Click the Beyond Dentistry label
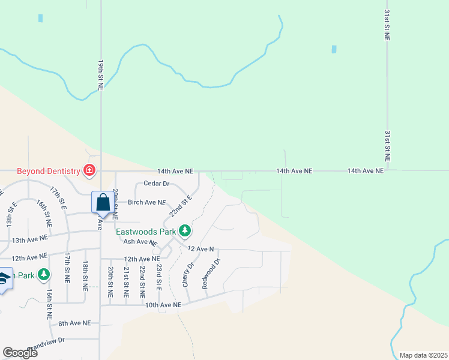pyautogui.click(x=48, y=171)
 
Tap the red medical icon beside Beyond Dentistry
pyautogui.click(x=89, y=171)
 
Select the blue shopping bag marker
pyautogui.click(x=103, y=202)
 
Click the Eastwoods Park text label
pyautogui.click(x=146, y=231)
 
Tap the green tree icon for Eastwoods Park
pyautogui.click(x=185, y=230)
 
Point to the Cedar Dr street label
pyautogui.click(x=156, y=184)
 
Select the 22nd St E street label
pyautogui.click(x=180, y=206)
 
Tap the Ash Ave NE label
pyautogui.click(x=140, y=242)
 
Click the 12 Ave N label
pyautogui.click(x=200, y=248)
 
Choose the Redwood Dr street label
pyautogui.click(x=212, y=274)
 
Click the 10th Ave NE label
pyautogui.click(x=163, y=305)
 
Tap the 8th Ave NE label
pyautogui.click(x=74, y=323)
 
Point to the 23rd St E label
pyautogui.click(x=159, y=278)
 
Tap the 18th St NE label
pyautogui.click(x=86, y=276)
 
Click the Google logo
pyautogui.click(x=20, y=353)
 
